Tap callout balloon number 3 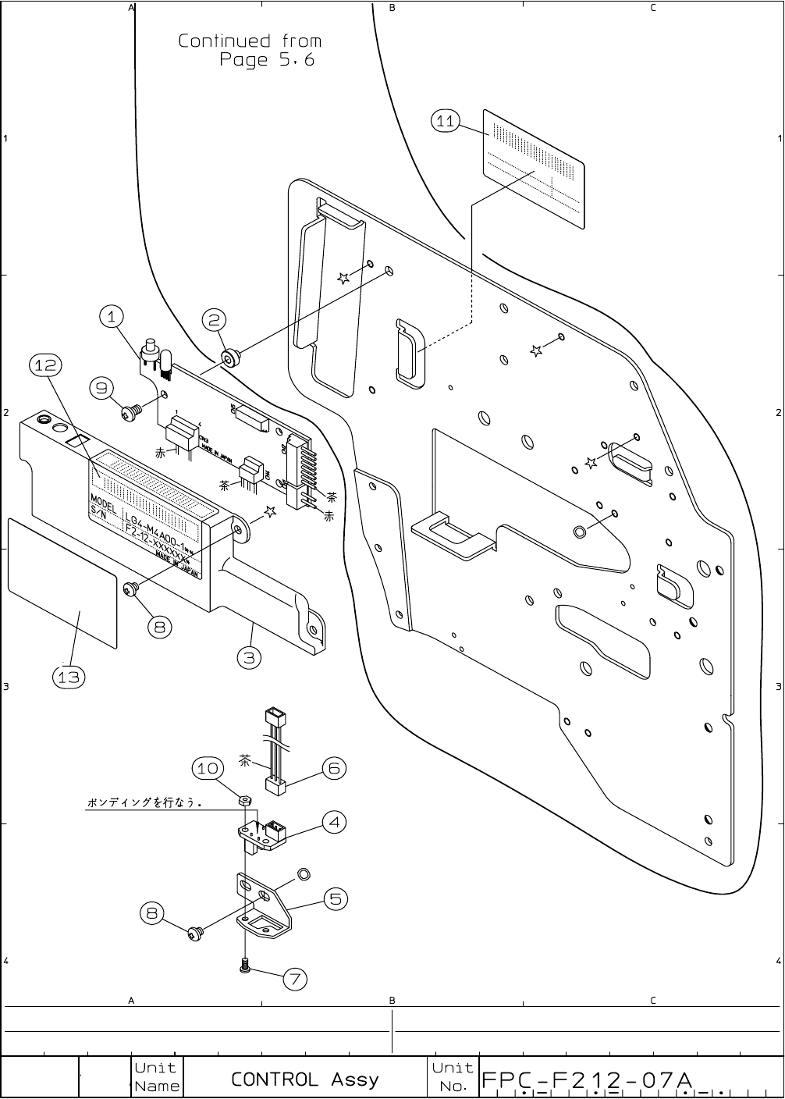tap(248, 657)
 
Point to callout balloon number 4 tap(334, 821)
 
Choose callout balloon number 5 tap(335, 898)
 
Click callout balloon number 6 tap(333, 768)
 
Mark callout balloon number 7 tap(294, 979)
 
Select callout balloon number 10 tap(208, 768)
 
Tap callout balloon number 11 tap(446, 120)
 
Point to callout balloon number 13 tap(69, 677)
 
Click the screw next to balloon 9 tap(130, 413)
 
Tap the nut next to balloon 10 tap(243, 800)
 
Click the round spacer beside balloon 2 tap(230, 358)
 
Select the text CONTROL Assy tap(304, 1079)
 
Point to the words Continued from tap(250, 41)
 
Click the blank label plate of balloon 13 tap(62, 582)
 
